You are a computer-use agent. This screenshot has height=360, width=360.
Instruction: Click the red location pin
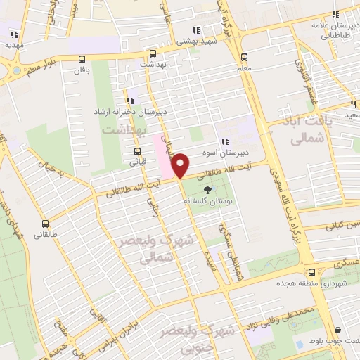pyautogui.click(x=181, y=165)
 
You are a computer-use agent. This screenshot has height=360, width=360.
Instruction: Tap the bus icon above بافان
pyautogui.click(x=82, y=60)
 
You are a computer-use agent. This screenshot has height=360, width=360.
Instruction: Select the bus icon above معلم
pyautogui.click(x=244, y=58)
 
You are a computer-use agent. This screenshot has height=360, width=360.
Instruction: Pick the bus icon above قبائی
pyautogui.click(x=136, y=151)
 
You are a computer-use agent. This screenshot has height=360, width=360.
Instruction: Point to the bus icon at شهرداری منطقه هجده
pyautogui.click(x=310, y=273)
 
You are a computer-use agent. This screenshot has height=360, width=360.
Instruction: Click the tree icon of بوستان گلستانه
pyautogui.click(x=207, y=190)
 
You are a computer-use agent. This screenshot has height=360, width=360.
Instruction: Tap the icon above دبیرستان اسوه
pyautogui.click(x=226, y=141)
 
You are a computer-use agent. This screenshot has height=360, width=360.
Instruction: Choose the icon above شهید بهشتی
pyautogui.click(x=197, y=30)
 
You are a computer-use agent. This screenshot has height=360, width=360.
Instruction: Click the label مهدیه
pyautogui.click(x=14, y=44)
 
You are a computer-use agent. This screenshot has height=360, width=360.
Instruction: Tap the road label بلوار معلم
pyautogui.click(x=44, y=67)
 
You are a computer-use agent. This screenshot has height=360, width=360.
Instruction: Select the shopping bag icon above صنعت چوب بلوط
pyautogui.click(x=338, y=330)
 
